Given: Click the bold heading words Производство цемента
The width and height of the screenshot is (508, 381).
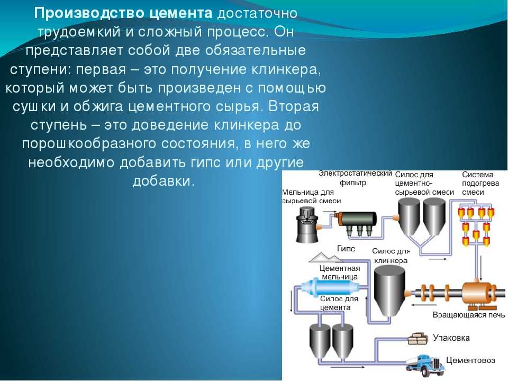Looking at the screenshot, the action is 123,13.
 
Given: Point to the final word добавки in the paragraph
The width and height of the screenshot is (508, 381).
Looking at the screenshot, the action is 164,181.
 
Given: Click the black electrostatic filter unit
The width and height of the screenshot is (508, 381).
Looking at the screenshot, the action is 356,222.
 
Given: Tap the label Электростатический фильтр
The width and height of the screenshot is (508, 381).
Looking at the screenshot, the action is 355,178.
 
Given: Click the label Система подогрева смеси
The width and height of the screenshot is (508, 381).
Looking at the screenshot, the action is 480,184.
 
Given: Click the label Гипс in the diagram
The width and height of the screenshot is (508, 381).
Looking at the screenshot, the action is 346,249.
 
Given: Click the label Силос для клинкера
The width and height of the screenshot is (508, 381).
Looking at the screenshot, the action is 391,256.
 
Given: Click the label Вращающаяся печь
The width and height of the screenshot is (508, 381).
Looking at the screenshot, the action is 469,314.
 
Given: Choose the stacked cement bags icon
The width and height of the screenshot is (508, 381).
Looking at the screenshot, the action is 418,339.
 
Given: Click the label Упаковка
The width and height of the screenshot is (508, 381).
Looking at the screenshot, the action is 451,338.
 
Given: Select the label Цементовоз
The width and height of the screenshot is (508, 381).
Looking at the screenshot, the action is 470,360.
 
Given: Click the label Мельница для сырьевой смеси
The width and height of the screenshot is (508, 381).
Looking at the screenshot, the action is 311,196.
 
